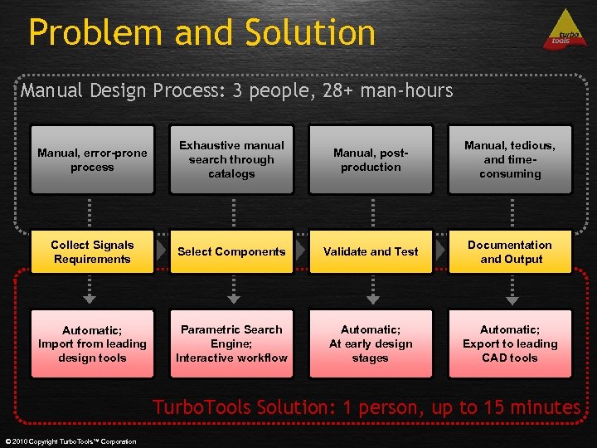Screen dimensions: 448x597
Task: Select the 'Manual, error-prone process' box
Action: tap(92, 159)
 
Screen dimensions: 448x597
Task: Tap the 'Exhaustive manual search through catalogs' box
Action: tap(231, 159)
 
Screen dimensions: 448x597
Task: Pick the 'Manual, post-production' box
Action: tap(371, 159)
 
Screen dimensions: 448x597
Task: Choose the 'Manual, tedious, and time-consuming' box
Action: tap(510, 159)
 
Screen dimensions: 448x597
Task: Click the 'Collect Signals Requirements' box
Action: tap(92, 251)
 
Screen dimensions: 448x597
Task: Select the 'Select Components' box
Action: tap(231, 251)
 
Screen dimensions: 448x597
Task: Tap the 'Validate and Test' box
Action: tap(371, 251)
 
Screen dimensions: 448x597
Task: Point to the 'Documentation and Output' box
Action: tap(510, 251)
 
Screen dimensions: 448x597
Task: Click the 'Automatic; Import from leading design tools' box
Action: tap(92, 343)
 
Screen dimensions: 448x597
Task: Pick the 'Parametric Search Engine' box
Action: tap(231, 343)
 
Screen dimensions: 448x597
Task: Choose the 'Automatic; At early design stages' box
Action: tap(371, 343)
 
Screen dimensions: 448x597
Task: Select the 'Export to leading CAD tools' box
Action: tap(510, 343)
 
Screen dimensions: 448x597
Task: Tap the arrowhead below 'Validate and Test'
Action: tap(373, 299)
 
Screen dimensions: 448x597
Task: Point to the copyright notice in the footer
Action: tap(70, 441)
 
